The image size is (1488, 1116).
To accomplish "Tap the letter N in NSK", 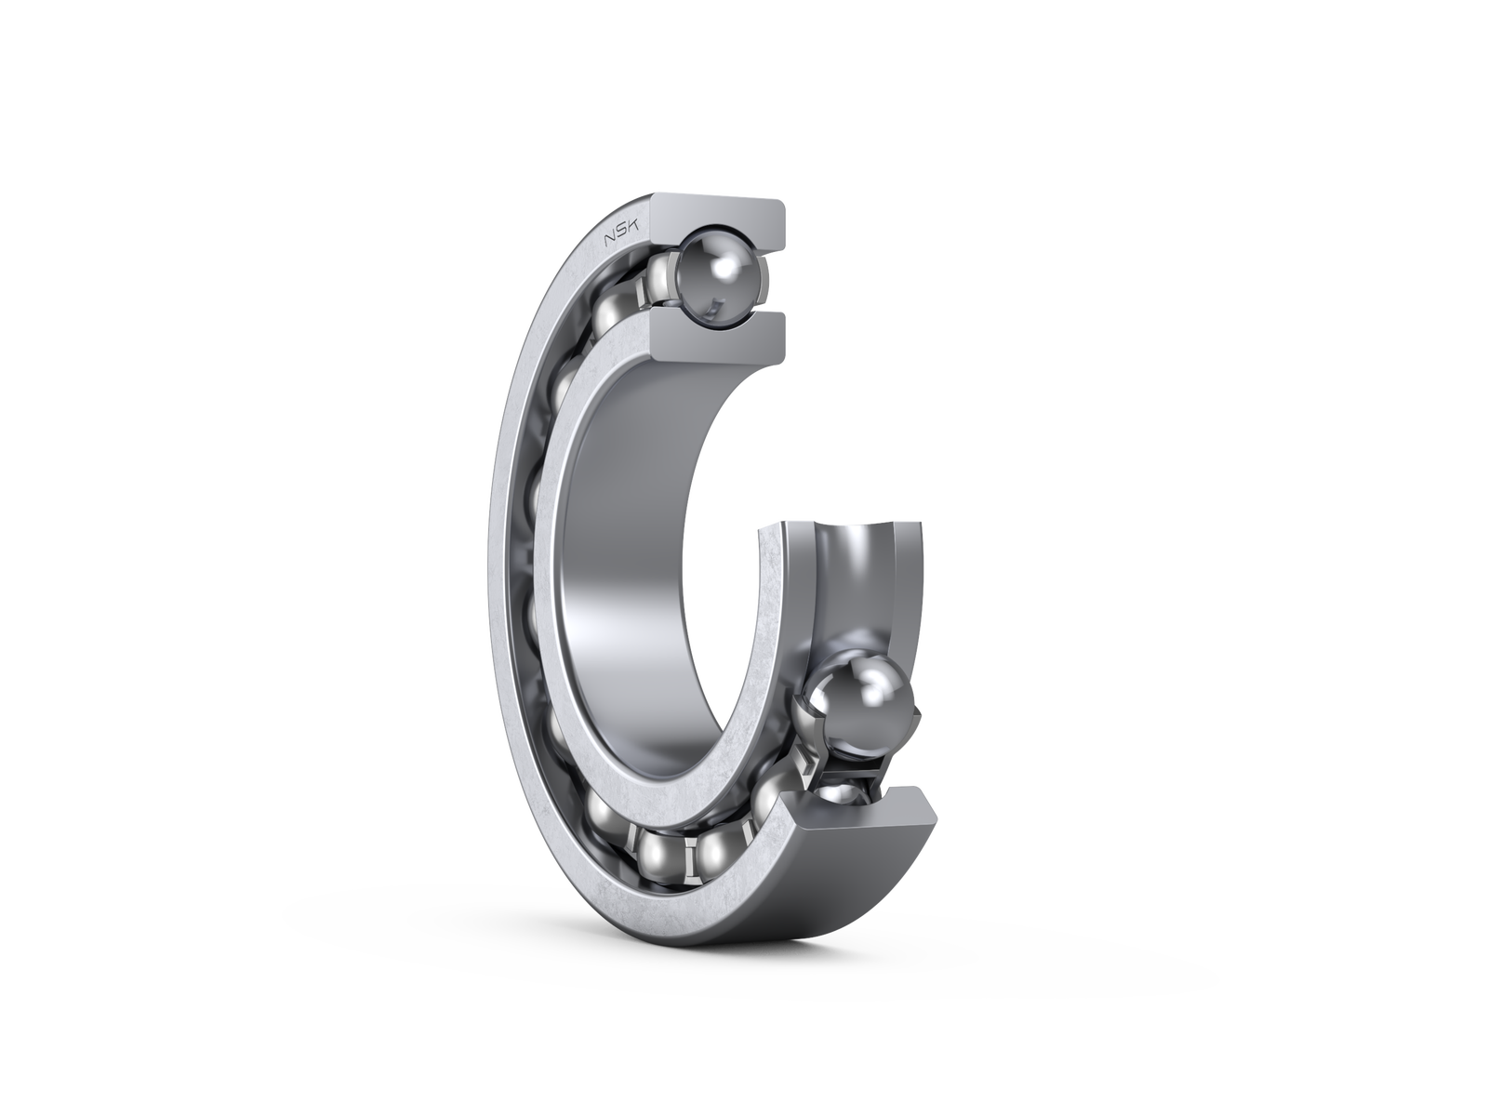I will tap(611, 243).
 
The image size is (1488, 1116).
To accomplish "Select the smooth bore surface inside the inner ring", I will tap(632, 558).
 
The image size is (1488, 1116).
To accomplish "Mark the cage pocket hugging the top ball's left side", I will tap(662, 279).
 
